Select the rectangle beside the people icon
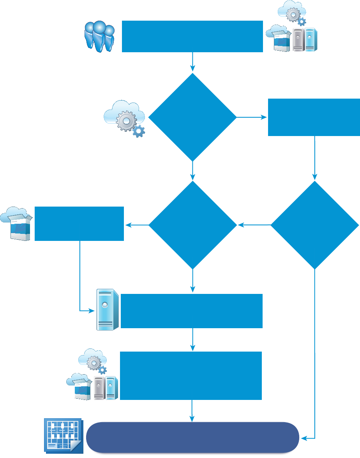click(192, 36)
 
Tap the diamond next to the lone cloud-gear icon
click(192, 117)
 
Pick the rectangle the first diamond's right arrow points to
click(314, 117)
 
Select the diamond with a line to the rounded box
click(314, 225)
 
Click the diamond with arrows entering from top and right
click(192, 225)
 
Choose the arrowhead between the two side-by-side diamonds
click(241, 225)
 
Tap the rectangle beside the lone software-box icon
click(79, 223)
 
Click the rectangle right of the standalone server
click(192, 311)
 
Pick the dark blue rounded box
click(192, 437)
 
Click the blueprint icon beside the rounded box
click(62, 436)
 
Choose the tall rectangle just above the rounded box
click(191, 376)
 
